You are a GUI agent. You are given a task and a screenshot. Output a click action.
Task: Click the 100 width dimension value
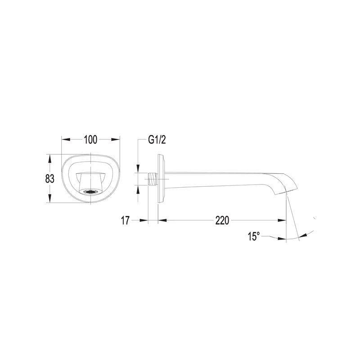(91, 139)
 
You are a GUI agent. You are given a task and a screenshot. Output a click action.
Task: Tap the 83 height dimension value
(49, 179)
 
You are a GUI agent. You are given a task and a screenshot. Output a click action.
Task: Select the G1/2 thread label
(157, 139)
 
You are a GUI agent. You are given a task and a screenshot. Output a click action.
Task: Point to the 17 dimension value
(126, 220)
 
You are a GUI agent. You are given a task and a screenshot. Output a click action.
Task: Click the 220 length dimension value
(222, 220)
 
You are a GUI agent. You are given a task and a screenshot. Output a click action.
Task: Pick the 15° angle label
(254, 236)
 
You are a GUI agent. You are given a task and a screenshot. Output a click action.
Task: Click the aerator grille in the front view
(91, 191)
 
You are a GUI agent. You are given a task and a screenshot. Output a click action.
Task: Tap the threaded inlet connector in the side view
(153, 179)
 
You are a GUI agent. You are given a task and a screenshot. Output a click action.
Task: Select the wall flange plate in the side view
(161, 178)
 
